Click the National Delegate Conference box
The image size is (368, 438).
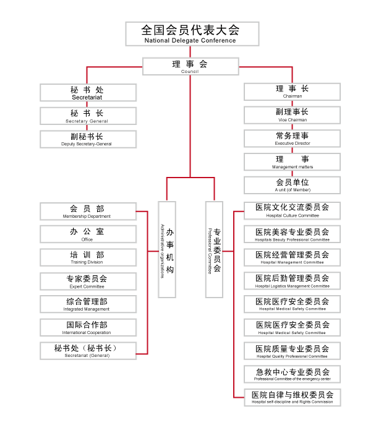point(192,34)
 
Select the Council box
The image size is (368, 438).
point(190,66)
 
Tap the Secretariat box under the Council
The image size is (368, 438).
point(88,92)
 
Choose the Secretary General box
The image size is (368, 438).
point(88,116)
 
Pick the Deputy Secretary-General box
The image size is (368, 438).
point(88,139)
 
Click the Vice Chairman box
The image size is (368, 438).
point(292,115)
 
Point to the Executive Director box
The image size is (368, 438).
point(292,139)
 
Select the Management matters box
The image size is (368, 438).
point(292,161)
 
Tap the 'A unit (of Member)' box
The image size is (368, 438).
point(292,185)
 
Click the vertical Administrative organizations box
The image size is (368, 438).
point(167,249)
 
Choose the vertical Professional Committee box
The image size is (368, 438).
point(214,249)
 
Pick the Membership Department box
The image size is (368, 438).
point(88,212)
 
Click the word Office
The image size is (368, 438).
point(87,239)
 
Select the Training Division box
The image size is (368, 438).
point(88,257)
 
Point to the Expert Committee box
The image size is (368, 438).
point(88,281)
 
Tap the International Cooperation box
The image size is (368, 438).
point(88,327)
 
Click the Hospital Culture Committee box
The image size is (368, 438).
point(292,210)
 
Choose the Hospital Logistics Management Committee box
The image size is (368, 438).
point(292,281)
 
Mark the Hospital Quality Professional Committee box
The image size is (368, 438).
point(292,351)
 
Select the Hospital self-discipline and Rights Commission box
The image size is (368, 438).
point(292,397)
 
